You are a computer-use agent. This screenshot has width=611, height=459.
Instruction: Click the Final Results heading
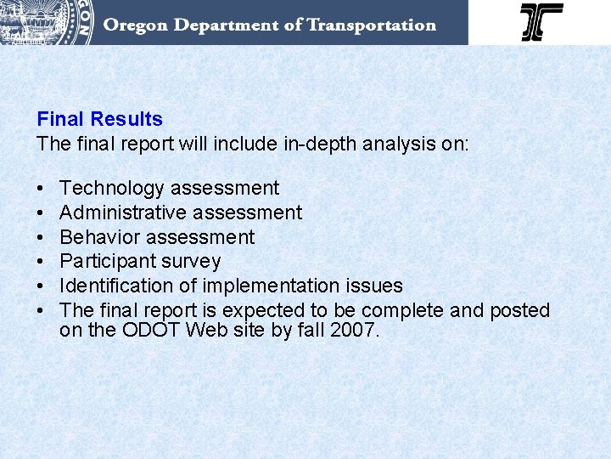99,119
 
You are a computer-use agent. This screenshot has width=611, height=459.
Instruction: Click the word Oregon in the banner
136,25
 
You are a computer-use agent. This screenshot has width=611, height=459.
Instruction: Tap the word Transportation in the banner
372,25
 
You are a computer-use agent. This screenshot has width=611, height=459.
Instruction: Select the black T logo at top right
541,22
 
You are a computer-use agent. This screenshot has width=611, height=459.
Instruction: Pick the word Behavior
98,237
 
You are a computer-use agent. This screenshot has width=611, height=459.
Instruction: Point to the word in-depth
317,144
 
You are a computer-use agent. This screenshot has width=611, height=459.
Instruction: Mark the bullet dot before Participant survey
41,262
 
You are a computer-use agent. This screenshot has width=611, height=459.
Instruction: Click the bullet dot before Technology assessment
41,189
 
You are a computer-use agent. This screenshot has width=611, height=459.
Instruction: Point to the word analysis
399,144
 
